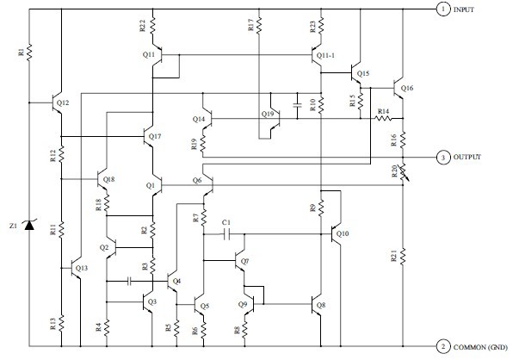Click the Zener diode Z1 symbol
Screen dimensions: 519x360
click(x=29, y=225)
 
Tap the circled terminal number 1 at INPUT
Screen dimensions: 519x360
click(x=443, y=9)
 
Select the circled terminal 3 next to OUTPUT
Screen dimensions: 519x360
click(x=443, y=158)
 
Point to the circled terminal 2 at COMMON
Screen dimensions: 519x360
click(x=443, y=347)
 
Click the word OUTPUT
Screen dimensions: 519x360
click(x=466, y=157)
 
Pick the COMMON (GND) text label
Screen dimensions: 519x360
click(x=480, y=347)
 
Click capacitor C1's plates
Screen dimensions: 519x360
click(x=226, y=234)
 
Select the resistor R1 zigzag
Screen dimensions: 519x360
click(x=29, y=52)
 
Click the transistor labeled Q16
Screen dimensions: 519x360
click(x=399, y=89)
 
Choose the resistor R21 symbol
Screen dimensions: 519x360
click(x=403, y=257)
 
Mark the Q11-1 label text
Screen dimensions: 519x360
click(x=325, y=55)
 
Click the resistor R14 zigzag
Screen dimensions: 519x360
click(x=383, y=118)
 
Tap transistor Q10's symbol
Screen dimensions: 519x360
click(x=336, y=234)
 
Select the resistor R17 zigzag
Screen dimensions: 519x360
click(x=259, y=26)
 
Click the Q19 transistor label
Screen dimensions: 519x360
click(x=268, y=115)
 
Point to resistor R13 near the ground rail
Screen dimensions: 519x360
click(x=62, y=323)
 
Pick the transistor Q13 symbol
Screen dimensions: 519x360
click(x=77, y=268)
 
